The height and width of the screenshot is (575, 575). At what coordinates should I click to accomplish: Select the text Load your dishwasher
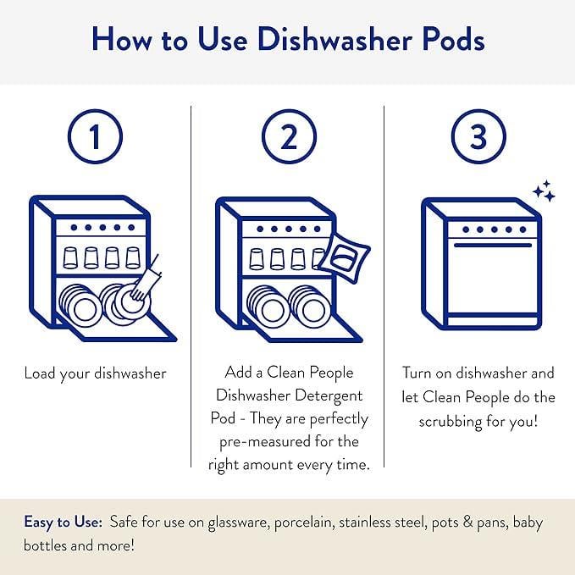(x=95, y=373)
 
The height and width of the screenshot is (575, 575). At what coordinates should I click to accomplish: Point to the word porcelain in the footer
(x=301, y=522)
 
